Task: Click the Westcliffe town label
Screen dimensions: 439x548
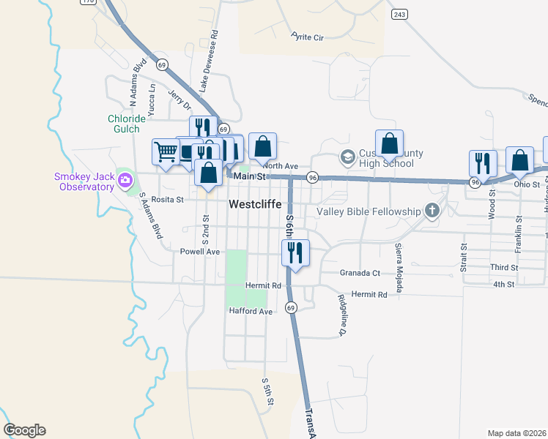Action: tap(255, 205)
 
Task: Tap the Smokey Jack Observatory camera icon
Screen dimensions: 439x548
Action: tap(125, 179)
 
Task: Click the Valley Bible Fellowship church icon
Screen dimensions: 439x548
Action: tap(432, 211)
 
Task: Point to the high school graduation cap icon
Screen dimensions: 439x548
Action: tap(347, 156)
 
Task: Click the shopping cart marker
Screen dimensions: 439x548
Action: tap(166, 152)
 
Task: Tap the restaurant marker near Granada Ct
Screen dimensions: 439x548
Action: tap(295, 252)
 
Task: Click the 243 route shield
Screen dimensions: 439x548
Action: tap(399, 15)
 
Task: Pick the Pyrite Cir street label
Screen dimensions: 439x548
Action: tap(307, 37)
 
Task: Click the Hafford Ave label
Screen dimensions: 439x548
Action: tap(251, 311)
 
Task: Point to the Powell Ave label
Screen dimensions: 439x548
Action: tap(200, 251)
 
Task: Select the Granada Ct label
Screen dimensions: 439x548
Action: tap(360, 272)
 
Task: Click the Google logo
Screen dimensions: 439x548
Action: tap(24, 430)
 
